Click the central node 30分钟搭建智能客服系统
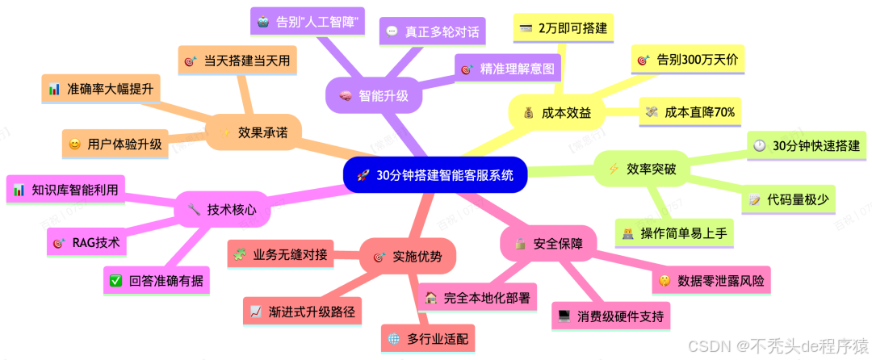pyautogui.click(x=435, y=175)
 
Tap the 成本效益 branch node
pyautogui.click(x=556, y=114)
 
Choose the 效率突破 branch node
pyautogui.click(x=642, y=169)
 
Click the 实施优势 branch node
pyautogui.click(x=408, y=257)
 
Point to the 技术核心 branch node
pyautogui.click(x=222, y=209)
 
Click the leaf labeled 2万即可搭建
pyautogui.click(x=564, y=29)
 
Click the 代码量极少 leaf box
pyautogui.click(x=790, y=199)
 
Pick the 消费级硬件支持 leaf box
pyautogui.click(x=611, y=316)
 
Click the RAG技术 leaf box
pyautogui.click(x=82, y=241)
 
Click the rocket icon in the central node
pyautogui.click(x=363, y=175)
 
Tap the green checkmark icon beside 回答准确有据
pyautogui.click(x=115, y=281)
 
